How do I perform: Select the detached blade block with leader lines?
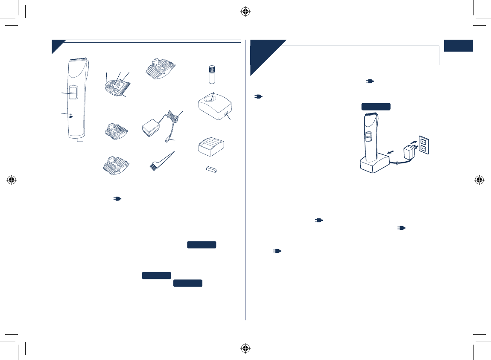click(116, 86)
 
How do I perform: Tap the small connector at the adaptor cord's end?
click(168, 140)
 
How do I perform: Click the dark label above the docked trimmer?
click(376, 107)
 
